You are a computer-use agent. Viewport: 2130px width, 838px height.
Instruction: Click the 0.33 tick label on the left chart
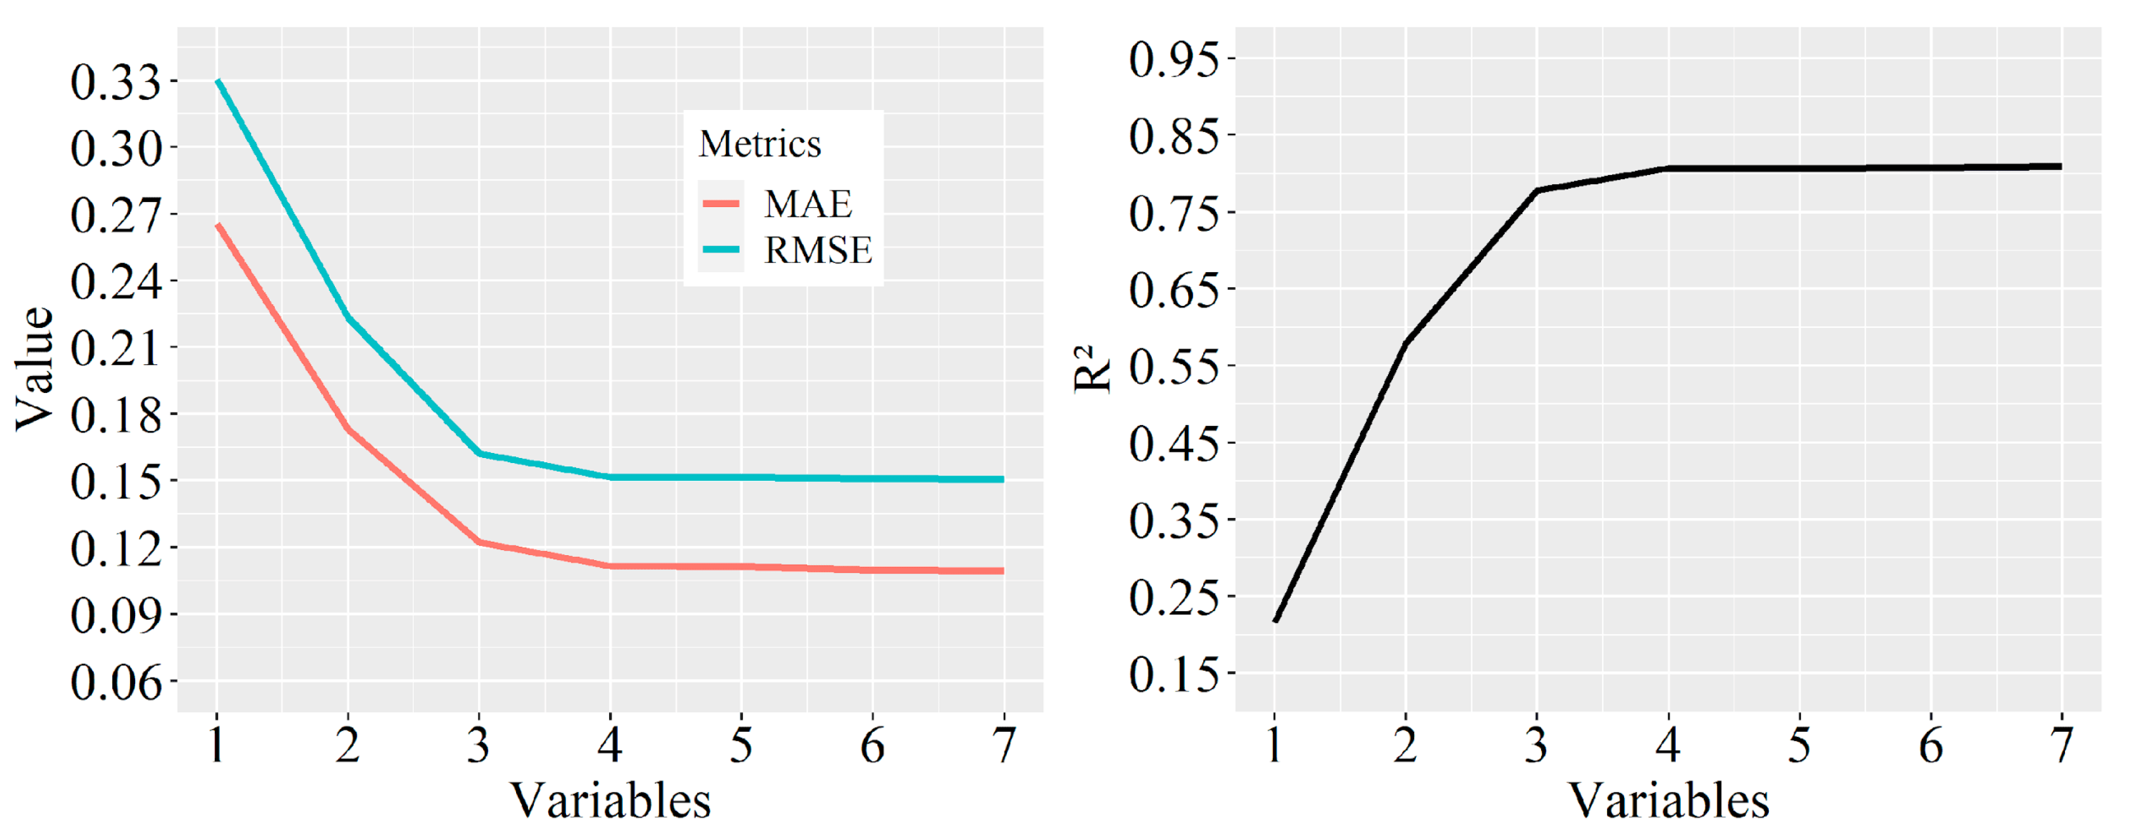tap(115, 82)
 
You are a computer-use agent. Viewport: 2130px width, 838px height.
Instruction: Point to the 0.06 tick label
tap(115, 683)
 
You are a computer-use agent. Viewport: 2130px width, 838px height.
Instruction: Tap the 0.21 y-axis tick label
tap(115, 348)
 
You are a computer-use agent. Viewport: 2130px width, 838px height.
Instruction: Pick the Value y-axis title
tap(35, 368)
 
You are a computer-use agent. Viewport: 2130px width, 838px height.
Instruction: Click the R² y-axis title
tap(1092, 368)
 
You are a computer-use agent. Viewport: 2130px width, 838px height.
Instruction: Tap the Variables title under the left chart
tap(610, 801)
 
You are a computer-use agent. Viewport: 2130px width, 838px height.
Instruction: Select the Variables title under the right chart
tap(1669, 801)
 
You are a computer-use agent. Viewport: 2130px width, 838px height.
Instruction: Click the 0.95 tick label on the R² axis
tap(1174, 59)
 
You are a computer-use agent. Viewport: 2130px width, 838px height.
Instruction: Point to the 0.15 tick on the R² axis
tap(1174, 674)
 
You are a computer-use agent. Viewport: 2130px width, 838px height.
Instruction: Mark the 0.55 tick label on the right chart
tap(1174, 367)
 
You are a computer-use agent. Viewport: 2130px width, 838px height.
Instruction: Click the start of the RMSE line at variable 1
tap(218, 81)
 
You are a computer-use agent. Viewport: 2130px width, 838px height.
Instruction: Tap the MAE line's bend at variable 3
tap(479, 542)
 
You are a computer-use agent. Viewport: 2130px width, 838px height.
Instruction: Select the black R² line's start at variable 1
tap(1275, 620)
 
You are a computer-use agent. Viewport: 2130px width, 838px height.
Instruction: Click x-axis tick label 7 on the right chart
tap(2062, 745)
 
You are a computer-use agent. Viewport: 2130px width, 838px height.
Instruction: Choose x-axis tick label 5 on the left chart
tap(741, 745)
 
